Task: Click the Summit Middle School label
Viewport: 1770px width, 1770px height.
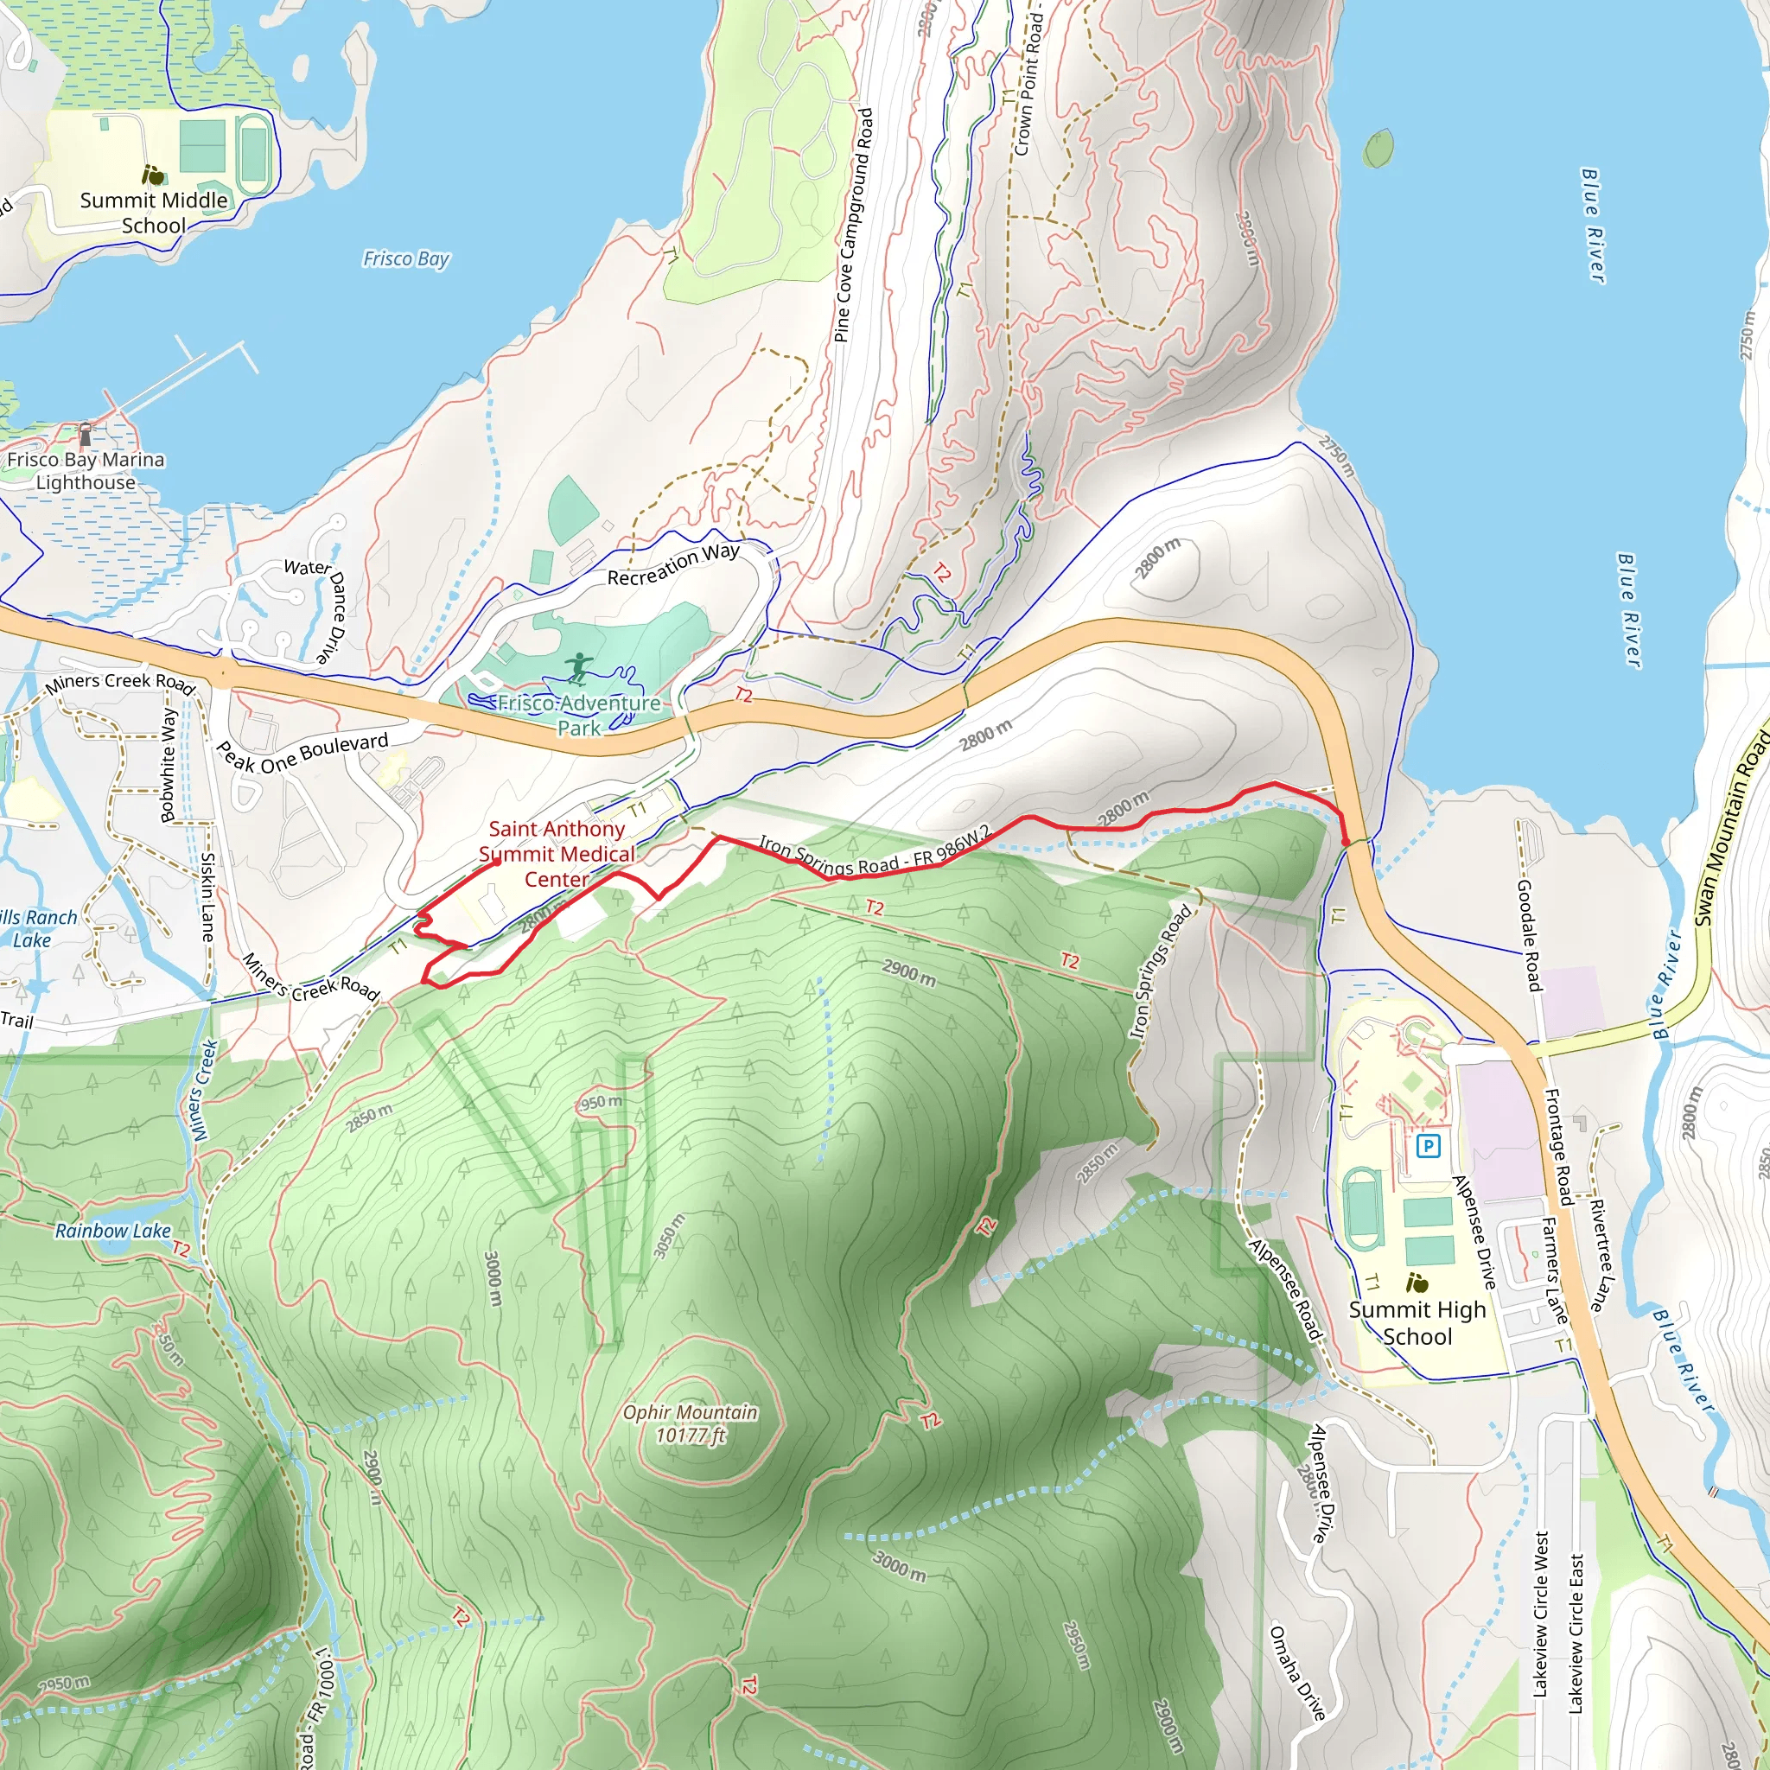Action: pyautogui.click(x=153, y=213)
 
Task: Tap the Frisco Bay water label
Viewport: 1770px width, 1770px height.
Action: pyautogui.click(x=406, y=259)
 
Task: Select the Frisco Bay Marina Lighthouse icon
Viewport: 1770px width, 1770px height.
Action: pyautogui.click(x=86, y=432)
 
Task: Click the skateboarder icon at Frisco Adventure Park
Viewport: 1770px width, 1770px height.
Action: pyautogui.click(x=578, y=668)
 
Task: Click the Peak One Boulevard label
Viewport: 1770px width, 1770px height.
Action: pyautogui.click(x=302, y=752)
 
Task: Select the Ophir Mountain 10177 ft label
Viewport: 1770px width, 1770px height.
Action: pyautogui.click(x=690, y=1423)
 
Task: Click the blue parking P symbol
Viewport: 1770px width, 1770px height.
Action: pyautogui.click(x=1429, y=1145)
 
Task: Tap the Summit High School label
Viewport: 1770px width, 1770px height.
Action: pyautogui.click(x=1417, y=1323)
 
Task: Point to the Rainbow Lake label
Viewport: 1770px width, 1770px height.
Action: pyautogui.click(x=112, y=1232)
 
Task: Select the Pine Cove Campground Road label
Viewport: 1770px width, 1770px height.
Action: pyautogui.click(x=854, y=226)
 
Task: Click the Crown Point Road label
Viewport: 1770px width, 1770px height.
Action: pyautogui.click(x=1028, y=82)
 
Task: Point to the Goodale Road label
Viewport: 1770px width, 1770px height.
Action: pyautogui.click(x=1529, y=934)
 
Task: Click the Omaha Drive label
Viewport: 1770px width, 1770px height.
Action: pyautogui.click(x=1296, y=1672)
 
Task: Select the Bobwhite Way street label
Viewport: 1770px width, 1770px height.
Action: pyautogui.click(x=169, y=764)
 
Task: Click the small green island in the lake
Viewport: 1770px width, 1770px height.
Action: pyautogui.click(x=1378, y=150)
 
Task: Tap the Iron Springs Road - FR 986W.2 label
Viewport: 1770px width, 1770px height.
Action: pyautogui.click(x=874, y=853)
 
